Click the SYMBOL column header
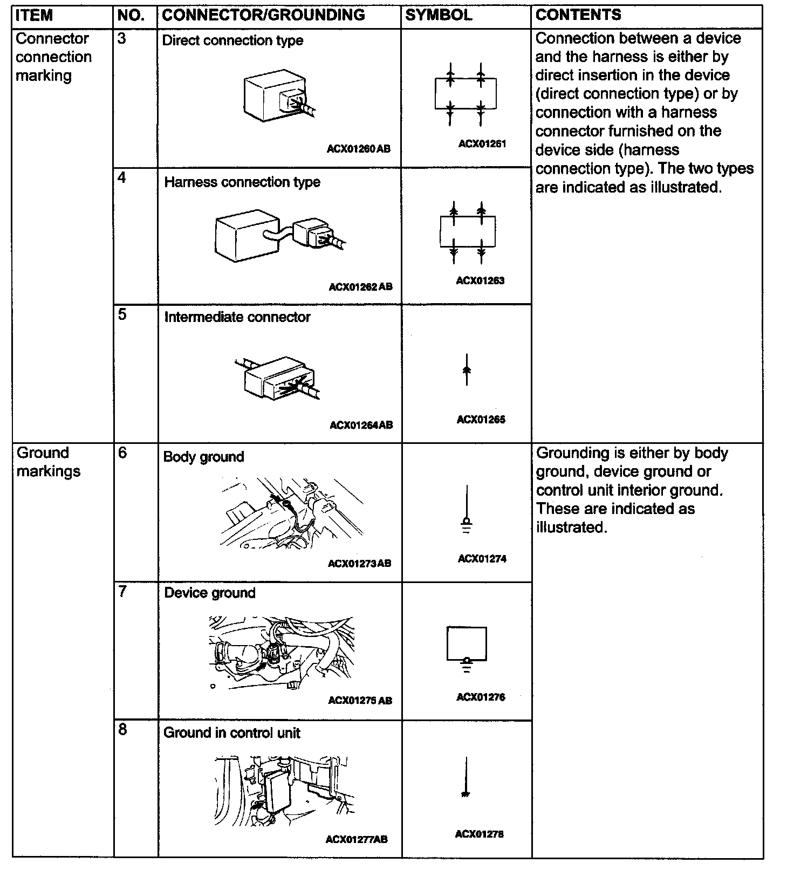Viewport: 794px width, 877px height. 438,15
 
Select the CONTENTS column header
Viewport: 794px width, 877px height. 578,15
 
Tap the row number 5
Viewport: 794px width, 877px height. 122,314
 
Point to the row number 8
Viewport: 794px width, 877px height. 122,730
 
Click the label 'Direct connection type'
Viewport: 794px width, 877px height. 232,40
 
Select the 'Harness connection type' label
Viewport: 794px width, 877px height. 242,182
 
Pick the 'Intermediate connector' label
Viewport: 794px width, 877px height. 237,317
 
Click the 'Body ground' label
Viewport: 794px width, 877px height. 203,457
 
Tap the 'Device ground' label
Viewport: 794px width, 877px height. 210,593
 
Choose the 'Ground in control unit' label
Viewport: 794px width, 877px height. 232,733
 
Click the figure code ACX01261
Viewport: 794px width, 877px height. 482,144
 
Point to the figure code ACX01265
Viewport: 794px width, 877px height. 481,420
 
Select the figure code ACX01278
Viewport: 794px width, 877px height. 480,834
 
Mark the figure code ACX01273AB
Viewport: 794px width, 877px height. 359,564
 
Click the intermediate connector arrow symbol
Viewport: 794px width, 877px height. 467,369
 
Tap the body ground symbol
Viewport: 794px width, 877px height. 467,510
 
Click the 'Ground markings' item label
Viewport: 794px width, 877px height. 49,462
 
